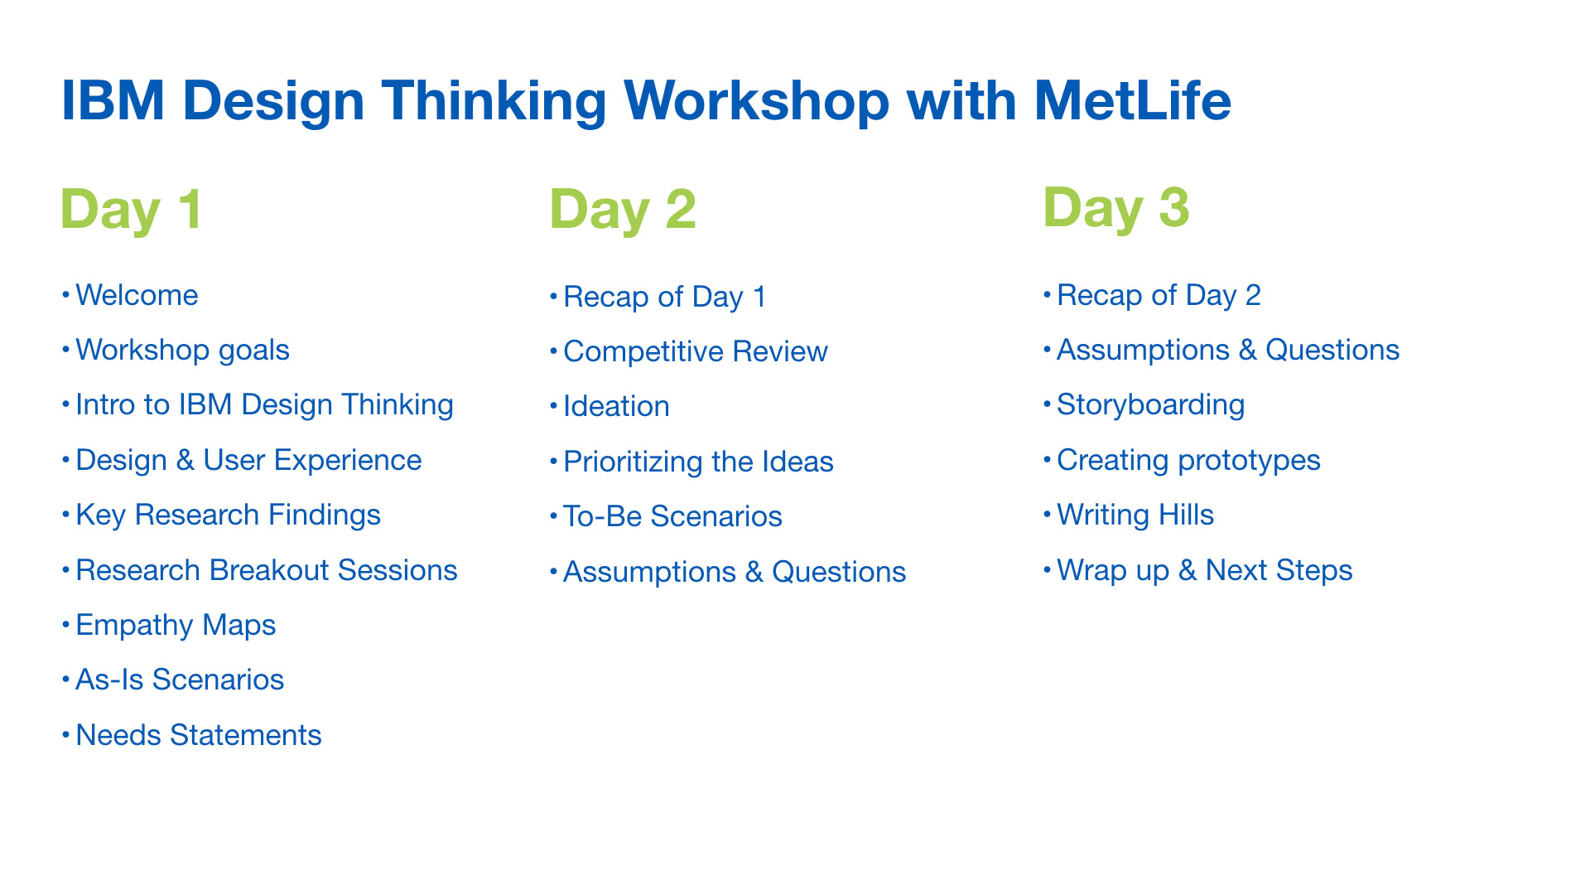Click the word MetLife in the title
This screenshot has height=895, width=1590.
(1132, 100)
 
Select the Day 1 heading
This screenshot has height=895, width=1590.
(131, 210)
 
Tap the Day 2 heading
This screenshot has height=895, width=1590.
(623, 210)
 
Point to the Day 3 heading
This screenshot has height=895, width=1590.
(1116, 209)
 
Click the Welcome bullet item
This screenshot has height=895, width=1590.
(137, 295)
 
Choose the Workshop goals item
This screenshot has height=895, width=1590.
(182, 351)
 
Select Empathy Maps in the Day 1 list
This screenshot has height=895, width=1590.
(176, 626)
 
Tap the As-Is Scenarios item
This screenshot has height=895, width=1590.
(180, 680)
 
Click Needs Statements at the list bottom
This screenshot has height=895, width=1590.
(199, 735)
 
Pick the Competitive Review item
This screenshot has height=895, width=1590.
(696, 352)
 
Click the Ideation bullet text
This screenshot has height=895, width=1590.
(616, 407)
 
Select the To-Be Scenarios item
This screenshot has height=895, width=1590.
(672, 516)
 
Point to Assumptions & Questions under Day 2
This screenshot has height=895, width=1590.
(735, 572)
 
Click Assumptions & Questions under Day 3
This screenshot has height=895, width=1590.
(1228, 351)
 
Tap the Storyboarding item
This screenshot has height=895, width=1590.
(1151, 406)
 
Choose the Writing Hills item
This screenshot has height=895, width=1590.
(1135, 515)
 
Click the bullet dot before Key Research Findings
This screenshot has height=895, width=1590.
(65, 515)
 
